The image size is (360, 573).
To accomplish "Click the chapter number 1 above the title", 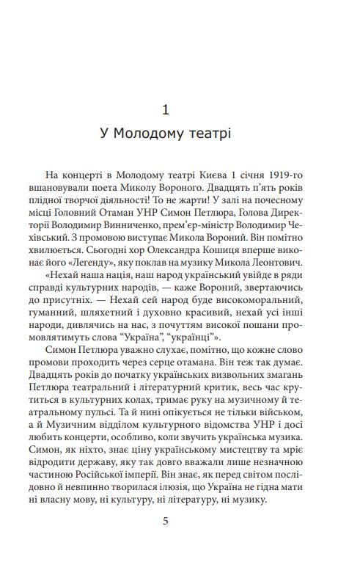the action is coord(165,109).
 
